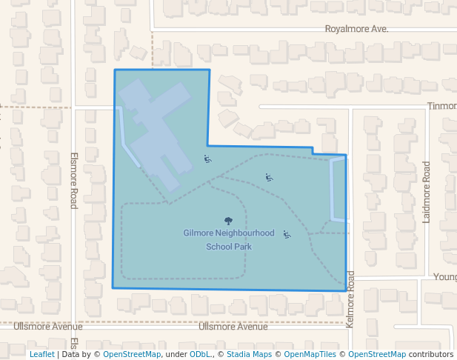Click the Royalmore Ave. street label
(357, 29)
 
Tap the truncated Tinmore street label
(441, 106)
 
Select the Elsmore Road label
(74, 180)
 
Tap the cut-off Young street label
(444, 277)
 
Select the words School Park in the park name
(229, 246)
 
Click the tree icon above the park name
(228, 220)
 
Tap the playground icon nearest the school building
(207, 159)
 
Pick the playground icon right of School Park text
(287, 234)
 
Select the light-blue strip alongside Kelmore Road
(337, 190)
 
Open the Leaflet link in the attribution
(41, 354)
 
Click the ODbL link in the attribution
(200, 354)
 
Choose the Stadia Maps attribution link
(249, 354)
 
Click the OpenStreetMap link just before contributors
(377, 354)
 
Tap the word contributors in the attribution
(431, 354)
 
